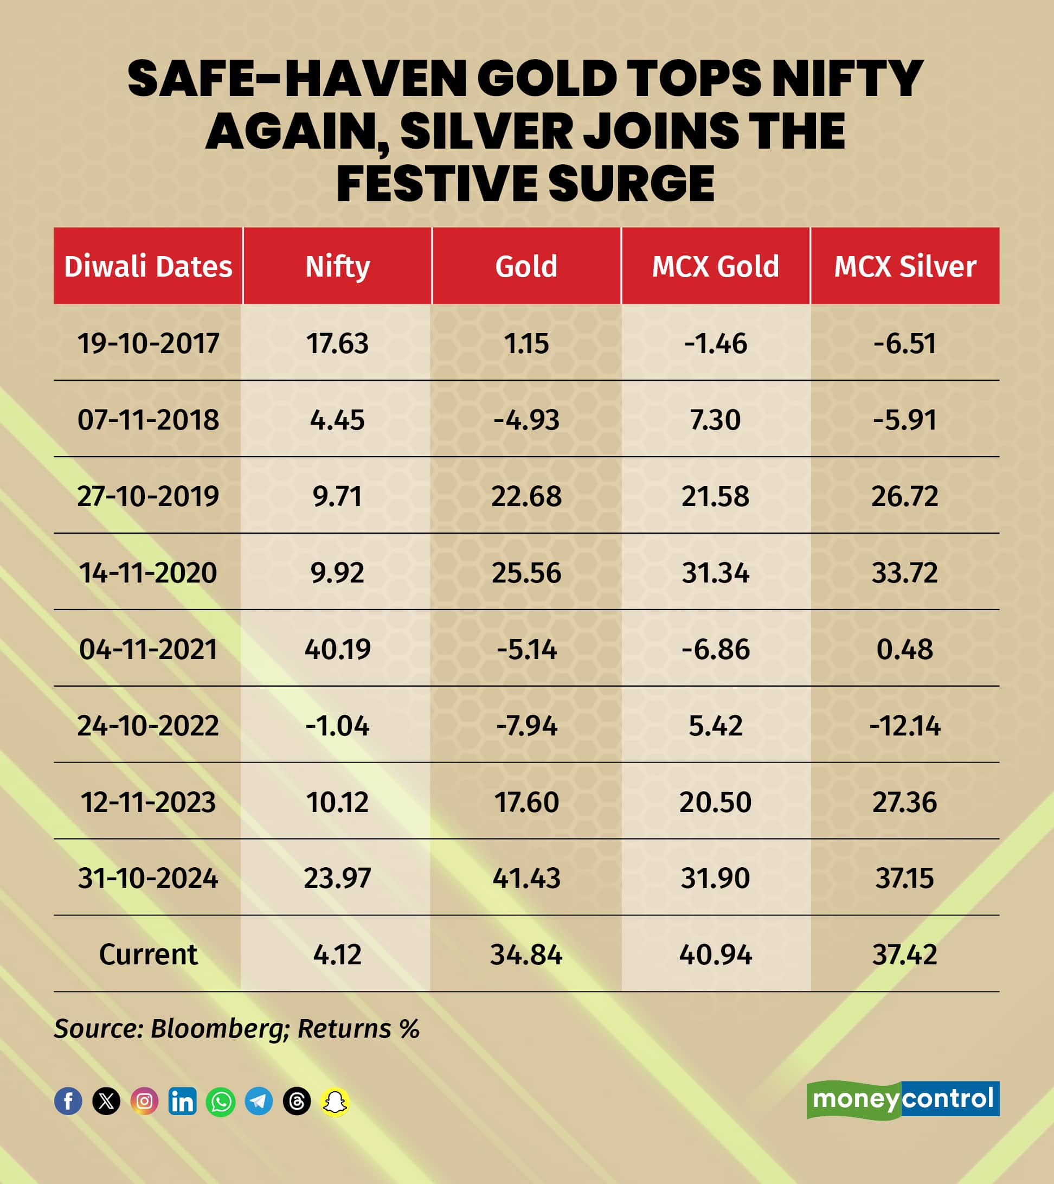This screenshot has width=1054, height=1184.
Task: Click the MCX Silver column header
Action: pos(904,266)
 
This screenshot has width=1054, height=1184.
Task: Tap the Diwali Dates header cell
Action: pos(147,266)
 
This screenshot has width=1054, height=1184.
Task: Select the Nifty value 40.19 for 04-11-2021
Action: pos(337,649)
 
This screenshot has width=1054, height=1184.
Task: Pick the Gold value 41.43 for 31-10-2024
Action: pos(526,878)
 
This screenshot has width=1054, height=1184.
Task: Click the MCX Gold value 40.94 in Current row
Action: pos(715,954)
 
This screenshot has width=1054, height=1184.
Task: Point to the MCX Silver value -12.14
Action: pos(904,725)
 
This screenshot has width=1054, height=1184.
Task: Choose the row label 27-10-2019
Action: pos(147,496)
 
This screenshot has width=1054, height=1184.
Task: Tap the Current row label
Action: pos(147,954)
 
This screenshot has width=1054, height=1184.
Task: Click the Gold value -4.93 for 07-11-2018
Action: pos(526,419)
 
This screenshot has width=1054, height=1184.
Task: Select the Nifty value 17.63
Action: pos(337,343)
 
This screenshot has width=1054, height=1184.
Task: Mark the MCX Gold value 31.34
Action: pos(715,572)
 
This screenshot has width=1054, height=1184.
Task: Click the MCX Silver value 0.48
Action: pos(904,649)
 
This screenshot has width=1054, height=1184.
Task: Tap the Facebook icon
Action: pos(68,1100)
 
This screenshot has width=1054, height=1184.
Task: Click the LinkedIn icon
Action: pos(182,1100)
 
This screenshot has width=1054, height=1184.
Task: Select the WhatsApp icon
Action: pos(221,1100)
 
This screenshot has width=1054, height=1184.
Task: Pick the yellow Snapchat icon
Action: pos(335,1100)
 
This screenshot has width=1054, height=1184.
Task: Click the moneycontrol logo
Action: pos(902,1099)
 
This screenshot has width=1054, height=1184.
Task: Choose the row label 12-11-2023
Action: pos(147,802)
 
